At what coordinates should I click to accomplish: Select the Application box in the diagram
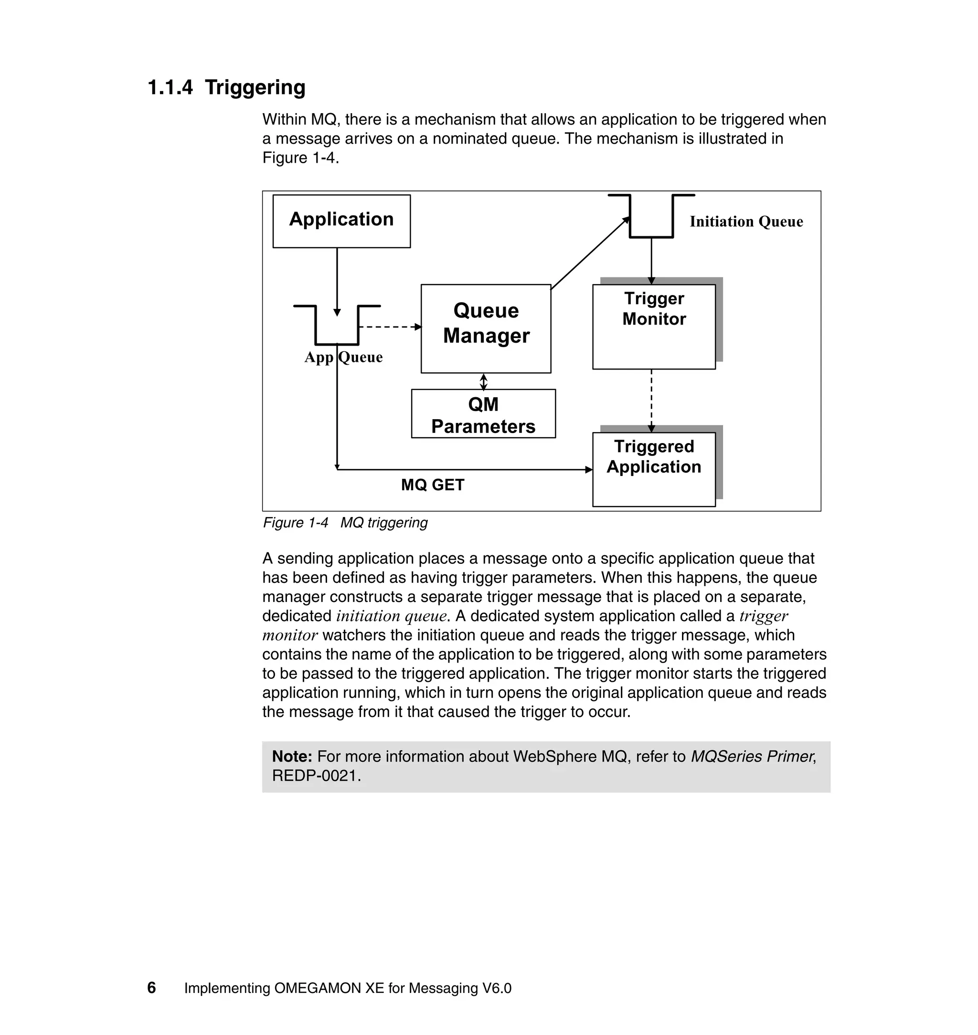pyautogui.click(x=341, y=221)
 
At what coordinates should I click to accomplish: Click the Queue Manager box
pyautogui.click(x=485, y=328)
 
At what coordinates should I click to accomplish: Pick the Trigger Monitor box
pyautogui.click(x=653, y=326)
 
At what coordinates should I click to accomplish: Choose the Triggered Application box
pyautogui.click(x=653, y=469)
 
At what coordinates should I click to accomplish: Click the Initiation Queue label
pyautogui.click(x=745, y=222)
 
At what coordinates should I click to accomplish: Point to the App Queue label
pyautogui.click(x=343, y=358)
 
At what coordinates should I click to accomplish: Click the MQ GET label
pyautogui.click(x=432, y=485)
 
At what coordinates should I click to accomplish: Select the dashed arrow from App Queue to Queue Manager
pyautogui.click(x=388, y=327)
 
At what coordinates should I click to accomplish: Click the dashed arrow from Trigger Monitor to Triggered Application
pyautogui.click(x=651, y=399)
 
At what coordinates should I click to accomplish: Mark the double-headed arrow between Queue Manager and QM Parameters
pyautogui.click(x=483, y=381)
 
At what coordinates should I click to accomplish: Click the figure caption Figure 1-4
pyautogui.click(x=295, y=523)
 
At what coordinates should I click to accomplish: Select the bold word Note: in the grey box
pyautogui.click(x=292, y=757)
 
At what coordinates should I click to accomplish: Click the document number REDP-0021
pyautogui.click(x=314, y=776)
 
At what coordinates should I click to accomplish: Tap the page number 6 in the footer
pyautogui.click(x=152, y=988)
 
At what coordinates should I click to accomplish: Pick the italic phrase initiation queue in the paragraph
pyautogui.click(x=391, y=616)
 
